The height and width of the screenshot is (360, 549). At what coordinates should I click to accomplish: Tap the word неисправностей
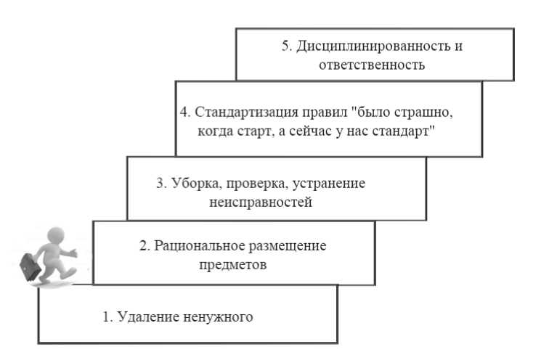259,202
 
